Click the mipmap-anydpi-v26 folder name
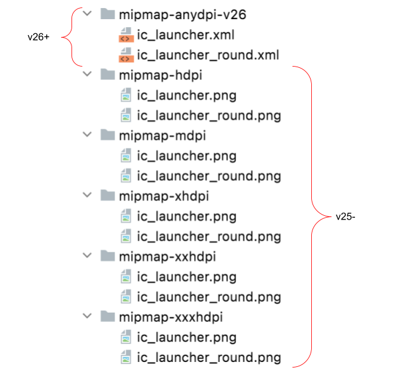point(183,15)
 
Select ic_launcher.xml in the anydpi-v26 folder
point(194,35)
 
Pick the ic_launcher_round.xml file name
point(208,55)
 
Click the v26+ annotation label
point(38,37)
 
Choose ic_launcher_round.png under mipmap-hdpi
point(209,115)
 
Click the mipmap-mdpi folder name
point(162,136)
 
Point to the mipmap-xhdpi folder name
point(164,196)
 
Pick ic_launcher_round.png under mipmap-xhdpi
point(209,236)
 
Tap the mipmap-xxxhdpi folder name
point(170,317)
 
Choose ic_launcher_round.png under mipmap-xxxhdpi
point(209,357)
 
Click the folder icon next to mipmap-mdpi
point(107,135)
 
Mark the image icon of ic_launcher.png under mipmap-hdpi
point(125,96)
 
